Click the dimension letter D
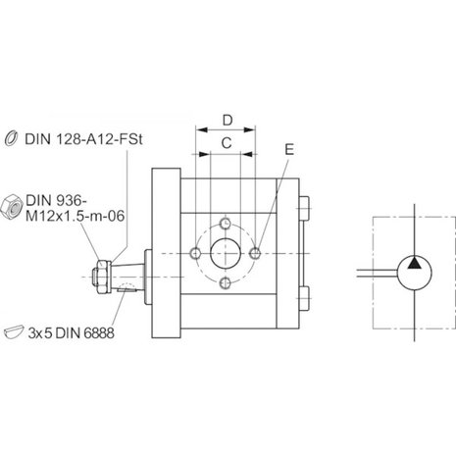[228, 121]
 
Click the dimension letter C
[227, 143]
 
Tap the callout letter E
[289, 149]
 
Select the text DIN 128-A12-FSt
[84, 139]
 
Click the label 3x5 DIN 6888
[71, 333]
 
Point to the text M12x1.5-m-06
[76, 216]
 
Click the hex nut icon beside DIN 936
[12, 206]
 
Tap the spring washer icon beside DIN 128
[12, 137]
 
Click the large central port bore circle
[226, 253]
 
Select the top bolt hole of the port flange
[226, 224]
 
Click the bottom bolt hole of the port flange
[226, 282]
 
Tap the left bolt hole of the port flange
[196, 253]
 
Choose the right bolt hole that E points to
[255, 253]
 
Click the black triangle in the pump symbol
[415, 263]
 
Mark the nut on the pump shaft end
[102, 277]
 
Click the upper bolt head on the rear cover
[304, 208]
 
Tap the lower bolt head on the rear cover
[304, 298]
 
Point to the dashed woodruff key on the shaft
[127, 287]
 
